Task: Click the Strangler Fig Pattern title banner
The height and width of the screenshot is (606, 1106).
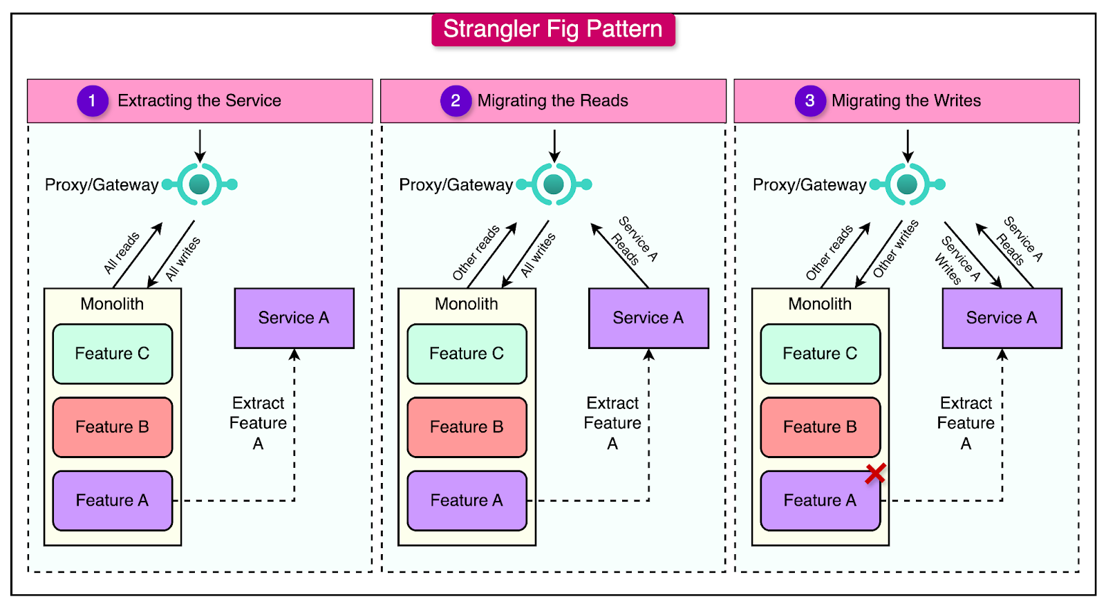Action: coord(553,30)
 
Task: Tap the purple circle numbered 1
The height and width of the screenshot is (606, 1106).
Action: coord(92,101)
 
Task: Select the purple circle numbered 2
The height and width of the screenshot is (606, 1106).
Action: coord(456,101)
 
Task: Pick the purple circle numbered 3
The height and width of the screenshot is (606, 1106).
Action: coord(809,101)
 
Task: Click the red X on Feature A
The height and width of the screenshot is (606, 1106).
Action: coord(875,474)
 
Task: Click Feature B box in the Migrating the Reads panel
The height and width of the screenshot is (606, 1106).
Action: coord(467,427)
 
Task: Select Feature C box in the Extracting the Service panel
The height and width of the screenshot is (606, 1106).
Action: coord(112,354)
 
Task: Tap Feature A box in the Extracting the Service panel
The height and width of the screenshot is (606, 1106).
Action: coord(112,500)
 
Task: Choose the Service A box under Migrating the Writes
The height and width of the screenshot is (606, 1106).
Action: coord(1002,318)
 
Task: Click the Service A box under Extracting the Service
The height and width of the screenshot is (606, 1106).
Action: coord(294,318)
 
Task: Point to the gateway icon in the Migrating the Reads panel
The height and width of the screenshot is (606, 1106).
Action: coord(554,184)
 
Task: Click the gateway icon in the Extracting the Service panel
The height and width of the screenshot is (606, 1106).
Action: coord(199,184)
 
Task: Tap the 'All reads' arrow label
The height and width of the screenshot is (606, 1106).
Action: coord(122,253)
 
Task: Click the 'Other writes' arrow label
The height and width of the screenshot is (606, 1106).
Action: coord(896,249)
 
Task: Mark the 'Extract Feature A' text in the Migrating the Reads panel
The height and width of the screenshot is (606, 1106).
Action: coord(612,423)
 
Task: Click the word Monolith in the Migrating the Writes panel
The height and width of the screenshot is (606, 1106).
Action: coord(820,304)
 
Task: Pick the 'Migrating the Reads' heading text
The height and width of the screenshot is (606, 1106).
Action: coord(552,101)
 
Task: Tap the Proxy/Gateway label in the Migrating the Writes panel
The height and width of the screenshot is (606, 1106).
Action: coord(809,185)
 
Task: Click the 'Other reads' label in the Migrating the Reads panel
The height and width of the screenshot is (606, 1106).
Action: coord(476,253)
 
